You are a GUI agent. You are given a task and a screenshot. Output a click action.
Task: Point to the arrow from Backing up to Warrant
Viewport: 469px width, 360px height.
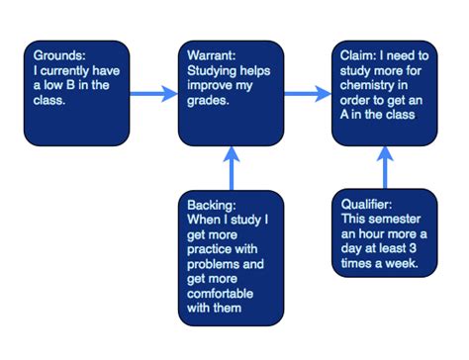coord(231,167)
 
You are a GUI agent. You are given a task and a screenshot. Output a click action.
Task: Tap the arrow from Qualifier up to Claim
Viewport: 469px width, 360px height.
coord(385,167)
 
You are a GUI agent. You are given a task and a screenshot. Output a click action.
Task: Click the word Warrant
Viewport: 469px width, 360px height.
coord(213,55)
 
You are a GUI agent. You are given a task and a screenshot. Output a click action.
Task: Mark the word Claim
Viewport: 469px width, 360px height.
coord(355,55)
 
